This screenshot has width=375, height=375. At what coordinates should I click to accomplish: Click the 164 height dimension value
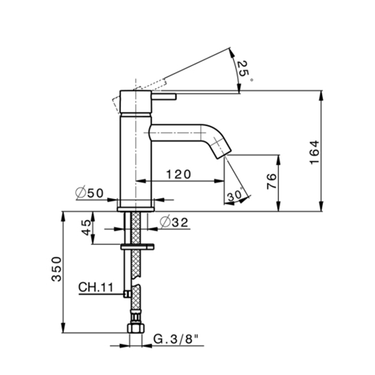pyautogui.click(x=314, y=152)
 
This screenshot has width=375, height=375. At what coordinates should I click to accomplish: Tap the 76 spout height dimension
pyautogui.click(x=272, y=182)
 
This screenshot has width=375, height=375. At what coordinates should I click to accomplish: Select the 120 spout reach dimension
pyautogui.click(x=178, y=174)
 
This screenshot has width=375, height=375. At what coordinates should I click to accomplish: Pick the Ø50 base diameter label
pyautogui.click(x=89, y=193)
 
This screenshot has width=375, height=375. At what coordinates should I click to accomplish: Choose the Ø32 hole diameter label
pyautogui.click(x=174, y=223)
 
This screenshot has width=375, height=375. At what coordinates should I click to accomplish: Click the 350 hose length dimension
pyautogui.click(x=57, y=269)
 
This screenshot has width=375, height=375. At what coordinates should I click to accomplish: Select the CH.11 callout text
pyautogui.click(x=96, y=287)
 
